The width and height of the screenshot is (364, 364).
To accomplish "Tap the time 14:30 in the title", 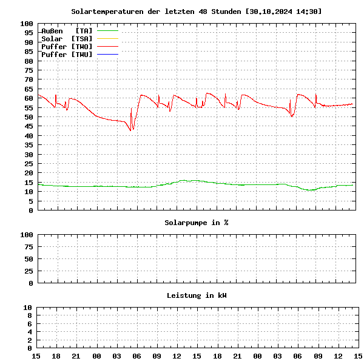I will tap(309, 12).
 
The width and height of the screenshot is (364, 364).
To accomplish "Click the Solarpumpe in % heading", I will tap(197, 223).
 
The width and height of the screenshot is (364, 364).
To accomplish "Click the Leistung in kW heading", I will tap(197, 295).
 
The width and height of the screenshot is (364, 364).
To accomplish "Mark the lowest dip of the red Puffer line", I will tap(130, 130).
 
